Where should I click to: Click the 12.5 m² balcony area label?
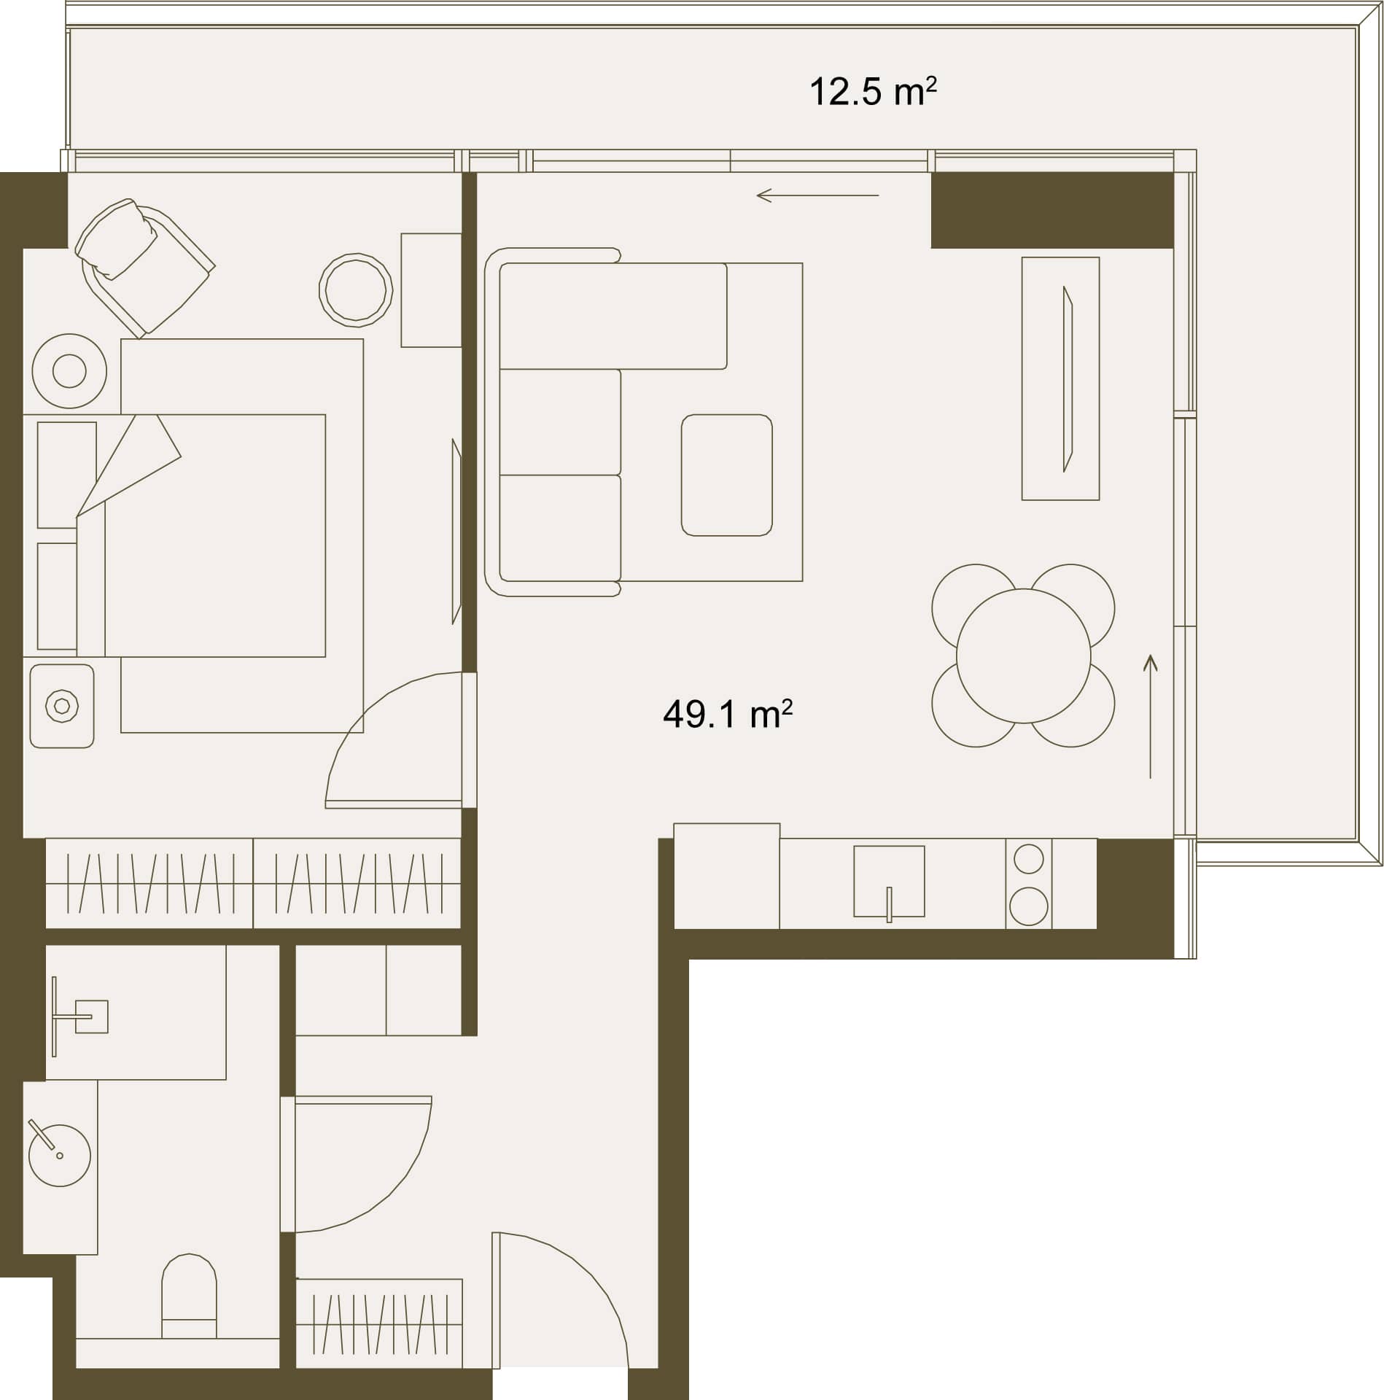tap(873, 93)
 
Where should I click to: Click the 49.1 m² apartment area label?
tap(727, 714)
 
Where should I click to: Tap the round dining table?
tap(1023, 656)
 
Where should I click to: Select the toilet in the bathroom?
tap(189, 1298)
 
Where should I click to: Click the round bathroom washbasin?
tap(60, 1155)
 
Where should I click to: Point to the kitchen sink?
tap(889, 882)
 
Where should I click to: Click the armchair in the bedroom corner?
tap(144, 267)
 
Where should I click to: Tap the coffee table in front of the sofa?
tap(726, 475)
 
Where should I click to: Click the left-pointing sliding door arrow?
tap(817, 195)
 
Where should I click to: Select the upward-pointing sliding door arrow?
tap(1151, 716)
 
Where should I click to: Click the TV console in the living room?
tap(1060, 378)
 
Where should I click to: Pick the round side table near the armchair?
tap(356, 289)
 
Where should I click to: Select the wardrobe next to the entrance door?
tap(379, 1323)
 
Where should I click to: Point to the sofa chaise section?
tap(613, 316)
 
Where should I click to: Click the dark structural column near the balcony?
tap(1052, 210)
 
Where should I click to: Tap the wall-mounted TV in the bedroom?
tap(457, 532)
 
